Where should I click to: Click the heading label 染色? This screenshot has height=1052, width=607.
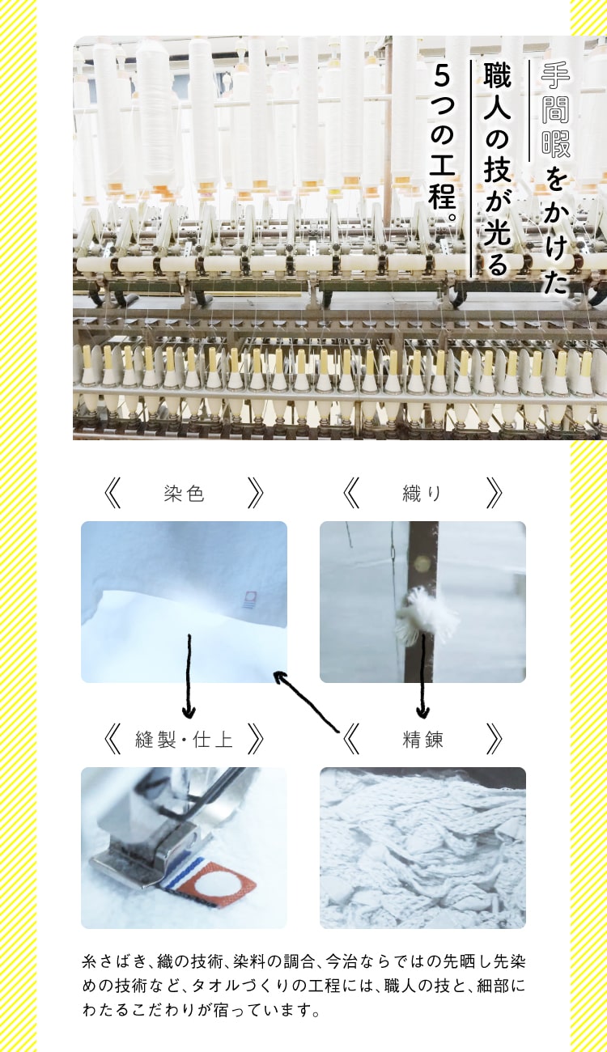tap(184, 494)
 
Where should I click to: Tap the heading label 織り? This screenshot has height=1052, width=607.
tap(422, 494)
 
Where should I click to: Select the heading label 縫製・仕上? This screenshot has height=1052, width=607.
tap(184, 739)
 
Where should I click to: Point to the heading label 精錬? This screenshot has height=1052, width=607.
tap(422, 739)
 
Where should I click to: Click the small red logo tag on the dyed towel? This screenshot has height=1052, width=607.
tap(249, 599)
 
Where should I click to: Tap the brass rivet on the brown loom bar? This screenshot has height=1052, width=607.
tap(422, 560)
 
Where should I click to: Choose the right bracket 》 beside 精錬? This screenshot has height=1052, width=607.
tap(494, 739)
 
